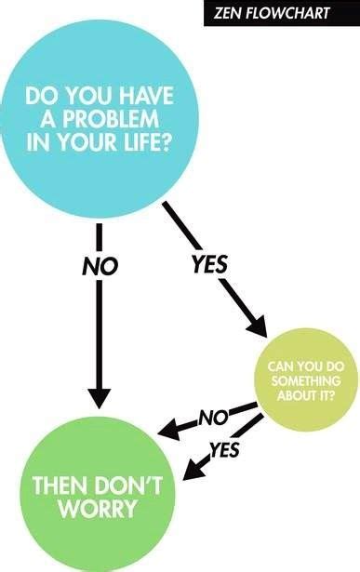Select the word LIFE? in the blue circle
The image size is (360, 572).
click(x=157, y=146)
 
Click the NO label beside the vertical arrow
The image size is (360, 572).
click(x=100, y=267)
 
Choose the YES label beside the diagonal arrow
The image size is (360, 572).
click(x=209, y=264)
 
